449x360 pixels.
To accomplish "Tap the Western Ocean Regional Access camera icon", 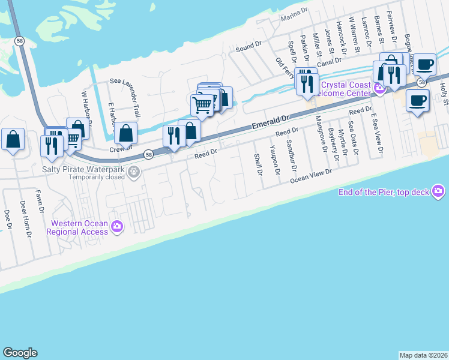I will pos(117,227).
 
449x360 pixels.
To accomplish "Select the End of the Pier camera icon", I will pos(439,191).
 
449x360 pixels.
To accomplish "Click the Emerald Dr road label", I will pos(270,124).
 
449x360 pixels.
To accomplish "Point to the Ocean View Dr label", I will pos(311,176).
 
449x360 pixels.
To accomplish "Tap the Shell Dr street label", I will pos(259,164).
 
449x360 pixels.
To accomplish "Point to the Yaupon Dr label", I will pos(275,160).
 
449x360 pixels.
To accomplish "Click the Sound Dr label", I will pos(249,46).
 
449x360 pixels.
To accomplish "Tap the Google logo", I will pos(20,353).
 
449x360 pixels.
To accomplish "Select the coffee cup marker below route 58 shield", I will pos(417,100).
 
